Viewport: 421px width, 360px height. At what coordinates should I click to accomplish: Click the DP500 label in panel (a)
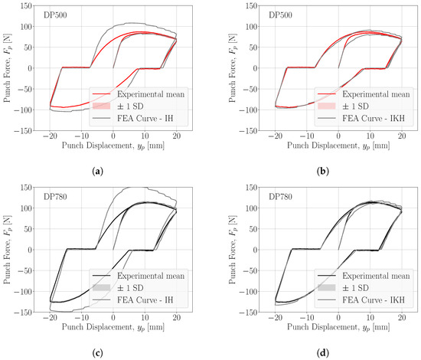click(55, 15)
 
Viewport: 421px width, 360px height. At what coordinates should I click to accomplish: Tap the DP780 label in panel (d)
click(280, 197)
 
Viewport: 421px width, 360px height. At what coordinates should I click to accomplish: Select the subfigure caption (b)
click(322, 171)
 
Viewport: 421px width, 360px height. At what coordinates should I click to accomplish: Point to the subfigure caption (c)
click(97, 353)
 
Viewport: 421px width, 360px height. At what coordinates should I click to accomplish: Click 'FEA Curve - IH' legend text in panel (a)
click(145, 118)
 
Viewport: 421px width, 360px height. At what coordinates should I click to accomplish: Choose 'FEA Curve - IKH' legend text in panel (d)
click(374, 299)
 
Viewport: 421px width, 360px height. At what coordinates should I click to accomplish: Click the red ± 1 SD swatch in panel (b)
click(327, 106)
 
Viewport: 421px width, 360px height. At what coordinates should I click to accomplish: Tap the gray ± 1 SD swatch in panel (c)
click(101, 287)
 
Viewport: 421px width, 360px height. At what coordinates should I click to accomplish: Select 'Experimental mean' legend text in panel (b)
click(376, 94)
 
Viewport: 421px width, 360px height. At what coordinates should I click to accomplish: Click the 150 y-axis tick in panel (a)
click(26, 5)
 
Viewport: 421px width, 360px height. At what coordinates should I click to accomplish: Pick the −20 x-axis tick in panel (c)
click(50, 318)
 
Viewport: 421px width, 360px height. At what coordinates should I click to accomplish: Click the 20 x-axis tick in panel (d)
click(402, 318)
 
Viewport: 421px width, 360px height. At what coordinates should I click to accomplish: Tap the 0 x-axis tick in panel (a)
click(113, 136)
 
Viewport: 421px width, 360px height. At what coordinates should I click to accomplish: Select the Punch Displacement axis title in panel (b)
click(338, 146)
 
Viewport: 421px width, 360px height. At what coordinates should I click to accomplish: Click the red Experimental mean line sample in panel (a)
click(101, 93)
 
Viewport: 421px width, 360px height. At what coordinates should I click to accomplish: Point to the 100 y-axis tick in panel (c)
click(26, 208)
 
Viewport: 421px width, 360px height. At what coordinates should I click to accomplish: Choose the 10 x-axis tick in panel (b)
click(370, 136)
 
